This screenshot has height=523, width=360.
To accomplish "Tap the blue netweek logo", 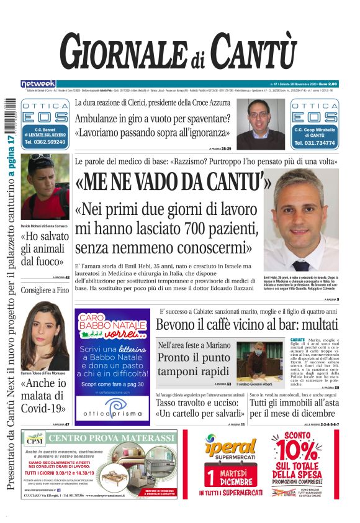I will click(38, 84).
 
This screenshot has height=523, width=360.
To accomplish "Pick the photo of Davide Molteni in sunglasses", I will click(45, 186).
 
